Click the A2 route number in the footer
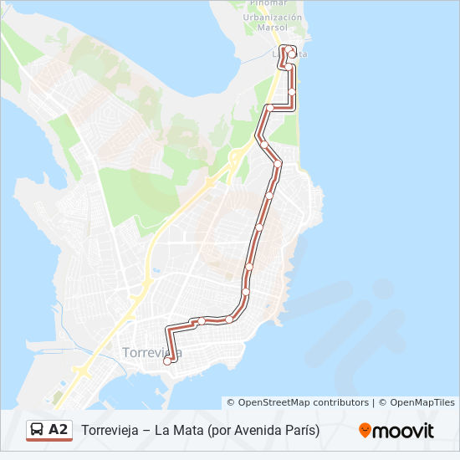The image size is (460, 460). click(x=58, y=430)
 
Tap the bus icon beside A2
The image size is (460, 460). click(x=38, y=430)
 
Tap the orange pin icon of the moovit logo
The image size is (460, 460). click(x=365, y=431)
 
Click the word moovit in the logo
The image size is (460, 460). click(x=404, y=431)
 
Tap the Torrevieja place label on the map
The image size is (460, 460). click(x=151, y=352)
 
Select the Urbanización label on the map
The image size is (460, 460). click(x=273, y=17)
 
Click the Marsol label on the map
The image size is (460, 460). click(x=273, y=27)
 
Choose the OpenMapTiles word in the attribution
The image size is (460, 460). click(x=422, y=402)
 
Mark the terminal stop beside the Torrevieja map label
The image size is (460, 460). click(x=167, y=361)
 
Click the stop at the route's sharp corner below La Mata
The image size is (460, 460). click(x=270, y=108)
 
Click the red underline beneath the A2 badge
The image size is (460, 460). click(x=49, y=441)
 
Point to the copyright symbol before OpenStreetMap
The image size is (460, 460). click(x=232, y=402)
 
